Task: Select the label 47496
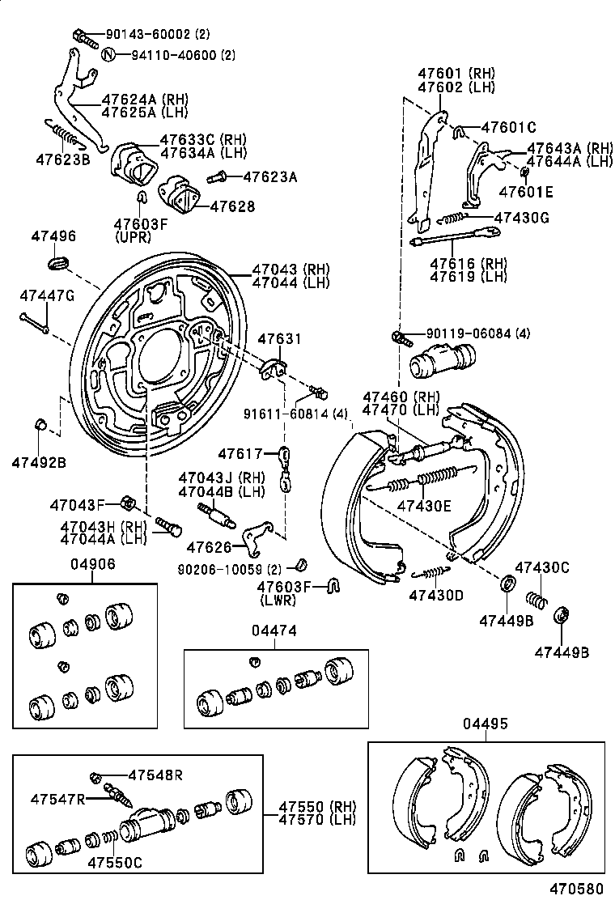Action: click(53, 236)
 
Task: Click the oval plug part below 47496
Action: click(57, 262)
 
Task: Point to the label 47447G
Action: click(47, 295)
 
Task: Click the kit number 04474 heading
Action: click(273, 629)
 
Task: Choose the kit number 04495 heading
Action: click(486, 724)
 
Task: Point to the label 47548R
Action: click(155, 775)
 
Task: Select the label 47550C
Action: click(115, 863)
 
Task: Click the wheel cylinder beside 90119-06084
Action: click(442, 361)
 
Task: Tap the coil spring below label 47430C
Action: click(535, 600)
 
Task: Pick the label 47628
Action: click(232, 207)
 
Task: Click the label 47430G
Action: click(521, 218)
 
